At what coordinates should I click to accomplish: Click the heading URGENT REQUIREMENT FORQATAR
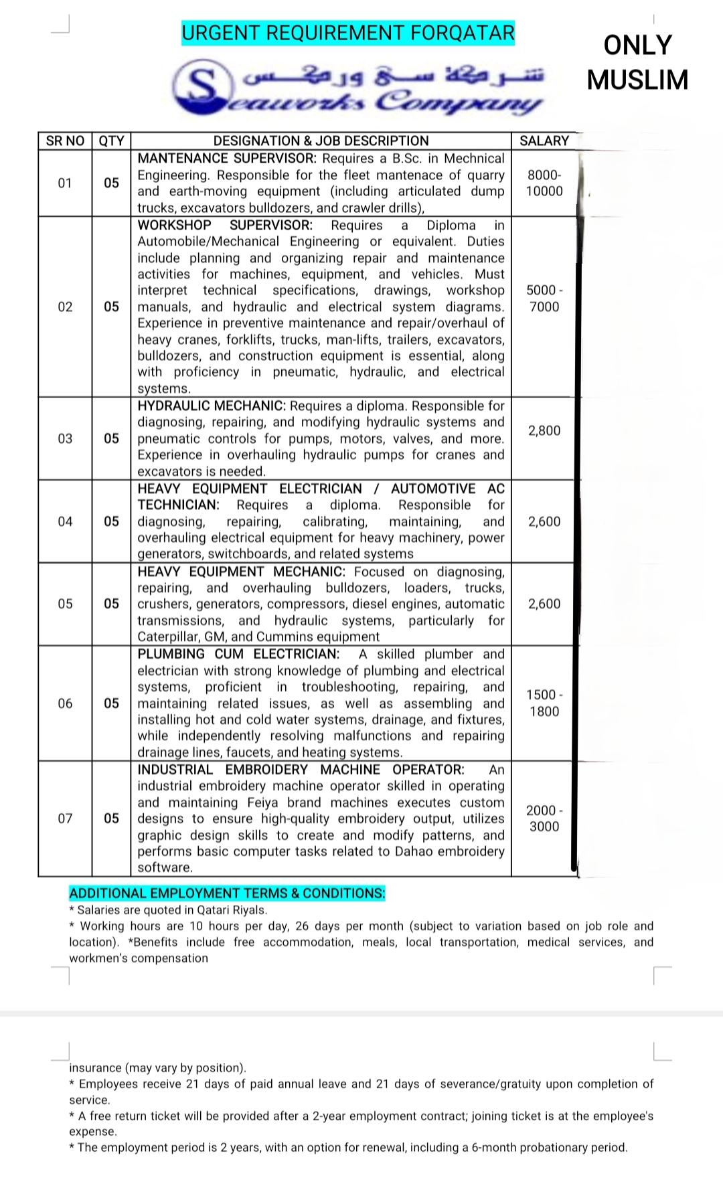pyautogui.click(x=348, y=33)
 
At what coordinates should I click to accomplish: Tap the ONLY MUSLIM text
pyautogui.click(x=637, y=62)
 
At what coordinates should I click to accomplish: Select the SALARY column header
pyautogui.click(x=544, y=141)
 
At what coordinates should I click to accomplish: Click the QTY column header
pyautogui.click(x=111, y=141)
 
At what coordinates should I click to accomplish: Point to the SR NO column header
pyautogui.click(x=65, y=141)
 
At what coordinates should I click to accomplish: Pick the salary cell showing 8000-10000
pyautogui.click(x=544, y=183)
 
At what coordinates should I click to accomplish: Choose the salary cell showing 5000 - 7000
pyautogui.click(x=544, y=298)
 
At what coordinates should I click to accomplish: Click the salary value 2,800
pyautogui.click(x=544, y=430)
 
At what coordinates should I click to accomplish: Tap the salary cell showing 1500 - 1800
pyautogui.click(x=544, y=703)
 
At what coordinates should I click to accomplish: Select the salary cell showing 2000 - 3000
pyautogui.click(x=544, y=818)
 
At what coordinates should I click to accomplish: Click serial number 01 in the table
pyautogui.click(x=65, y=183)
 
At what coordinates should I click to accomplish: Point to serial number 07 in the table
pyautogui.click(x=65, y=818)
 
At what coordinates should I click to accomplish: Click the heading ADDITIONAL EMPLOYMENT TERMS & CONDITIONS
pyautogui.click(x=227, y=893)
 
